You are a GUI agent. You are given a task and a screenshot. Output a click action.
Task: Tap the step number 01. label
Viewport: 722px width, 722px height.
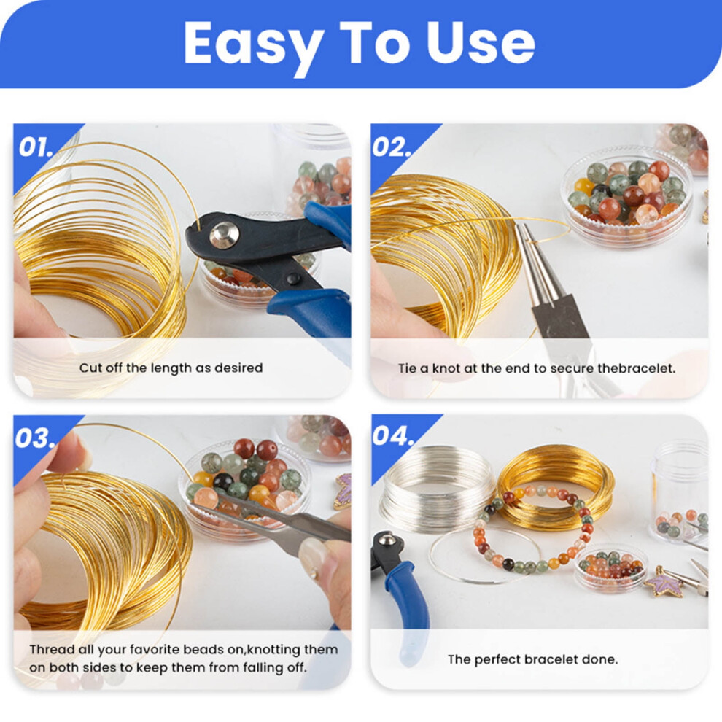pos(36,147)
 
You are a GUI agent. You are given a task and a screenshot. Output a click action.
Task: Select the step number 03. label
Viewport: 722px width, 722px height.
pos(36,438)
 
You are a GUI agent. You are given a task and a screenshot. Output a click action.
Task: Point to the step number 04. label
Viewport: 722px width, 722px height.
pos(393,435)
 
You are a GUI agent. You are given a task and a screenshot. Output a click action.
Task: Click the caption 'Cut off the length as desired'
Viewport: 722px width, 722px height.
pos(171,368)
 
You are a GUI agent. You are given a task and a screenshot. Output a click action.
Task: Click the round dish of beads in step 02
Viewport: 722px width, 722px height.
pos(627,190)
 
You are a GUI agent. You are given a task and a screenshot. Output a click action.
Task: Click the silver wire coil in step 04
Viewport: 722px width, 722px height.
pos(435,488)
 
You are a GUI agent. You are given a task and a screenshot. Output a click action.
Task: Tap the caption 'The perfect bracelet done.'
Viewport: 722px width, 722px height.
pos(533,659)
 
